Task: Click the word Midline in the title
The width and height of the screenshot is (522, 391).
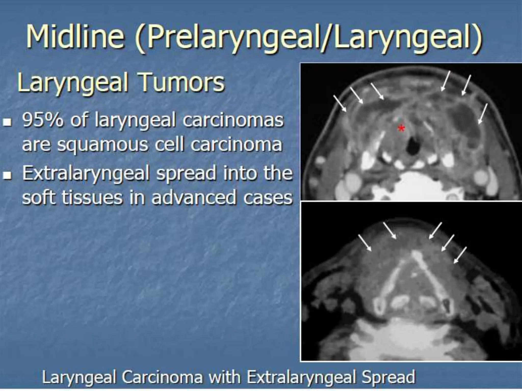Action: (75, 37)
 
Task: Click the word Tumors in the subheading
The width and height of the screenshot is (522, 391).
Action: (182, 83)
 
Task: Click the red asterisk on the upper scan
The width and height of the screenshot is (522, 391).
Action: (401, 129)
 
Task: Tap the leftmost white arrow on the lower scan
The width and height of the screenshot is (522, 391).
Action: (365, 243)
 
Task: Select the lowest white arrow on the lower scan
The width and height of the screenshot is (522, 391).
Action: (460, 255)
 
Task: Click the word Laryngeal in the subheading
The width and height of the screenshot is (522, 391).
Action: (73, 83)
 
